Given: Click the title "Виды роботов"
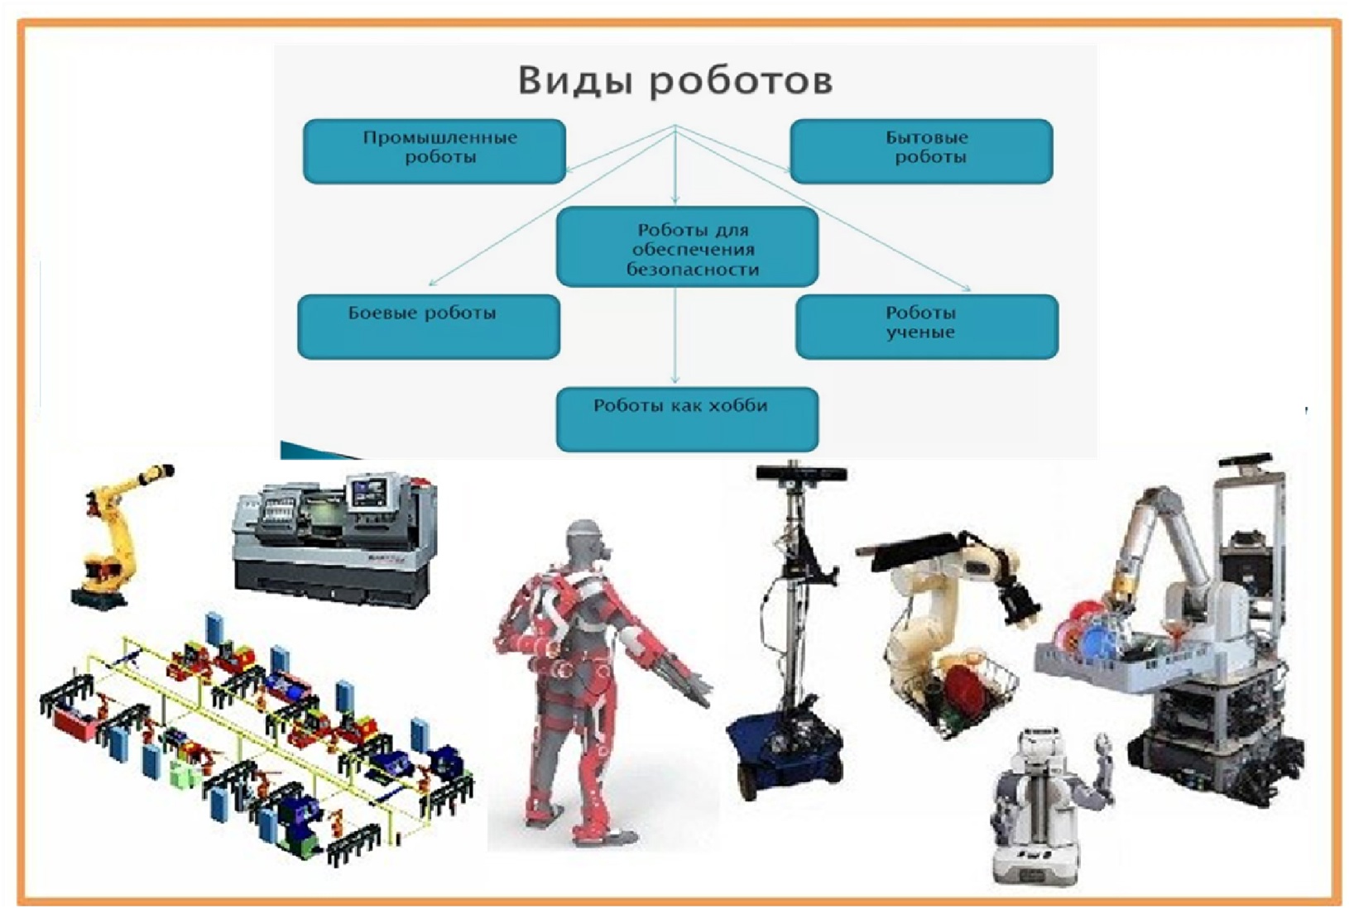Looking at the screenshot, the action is [675, 81].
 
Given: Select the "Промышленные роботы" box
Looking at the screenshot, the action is [434, 151].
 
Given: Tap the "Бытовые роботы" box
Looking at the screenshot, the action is [921, 151].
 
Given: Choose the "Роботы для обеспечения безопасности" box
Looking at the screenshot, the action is [687, 246].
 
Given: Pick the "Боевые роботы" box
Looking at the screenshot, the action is [429, 327].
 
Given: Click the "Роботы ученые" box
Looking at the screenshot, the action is [927, 327].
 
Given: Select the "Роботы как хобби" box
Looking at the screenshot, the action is [687, 419].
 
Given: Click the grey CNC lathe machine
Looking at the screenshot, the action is [335, 540].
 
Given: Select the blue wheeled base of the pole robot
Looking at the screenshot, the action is [783, 746].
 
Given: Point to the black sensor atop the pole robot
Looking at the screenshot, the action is [802, 473].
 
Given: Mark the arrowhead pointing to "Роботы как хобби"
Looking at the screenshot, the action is [675, 380].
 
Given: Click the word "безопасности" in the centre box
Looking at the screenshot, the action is [693, 269].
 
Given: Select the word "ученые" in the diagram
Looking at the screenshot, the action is [920, 332].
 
